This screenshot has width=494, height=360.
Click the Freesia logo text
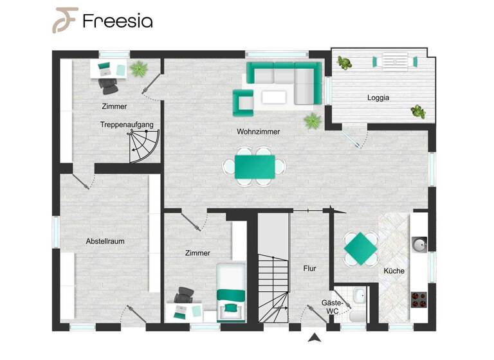tap(117, 21)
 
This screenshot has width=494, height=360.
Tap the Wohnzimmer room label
tap(258, 132)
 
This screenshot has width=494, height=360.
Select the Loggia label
tap(379, 98)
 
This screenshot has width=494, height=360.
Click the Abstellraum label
tap(105, 241)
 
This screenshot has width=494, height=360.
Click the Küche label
tap(394, 271)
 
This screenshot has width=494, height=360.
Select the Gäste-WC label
tap(332, 307)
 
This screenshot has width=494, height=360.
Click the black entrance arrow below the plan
tap(314, 338)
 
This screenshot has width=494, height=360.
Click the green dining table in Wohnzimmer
tap(255, 166)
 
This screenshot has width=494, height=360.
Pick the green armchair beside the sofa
tap(243, 102)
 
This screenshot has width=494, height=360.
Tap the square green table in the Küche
tap(360, 248)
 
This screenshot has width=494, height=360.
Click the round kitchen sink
tap(419, 245)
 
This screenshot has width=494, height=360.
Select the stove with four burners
tap(419, 300)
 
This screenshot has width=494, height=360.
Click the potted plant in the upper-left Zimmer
tap(138, 67)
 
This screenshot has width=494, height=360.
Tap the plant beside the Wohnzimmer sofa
tap(313, 120)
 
